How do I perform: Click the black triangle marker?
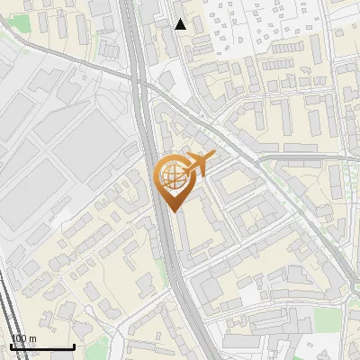tap(181, 24)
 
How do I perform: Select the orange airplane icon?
tap(197, 164)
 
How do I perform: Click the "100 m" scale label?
tap(23, 338)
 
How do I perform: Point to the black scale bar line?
tap(42, 346)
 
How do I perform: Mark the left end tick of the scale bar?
tap(11, 346)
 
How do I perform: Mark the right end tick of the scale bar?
tap(74, 346)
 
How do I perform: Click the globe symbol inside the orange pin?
tap(172, 175)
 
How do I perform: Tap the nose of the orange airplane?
tap(212, 157)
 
